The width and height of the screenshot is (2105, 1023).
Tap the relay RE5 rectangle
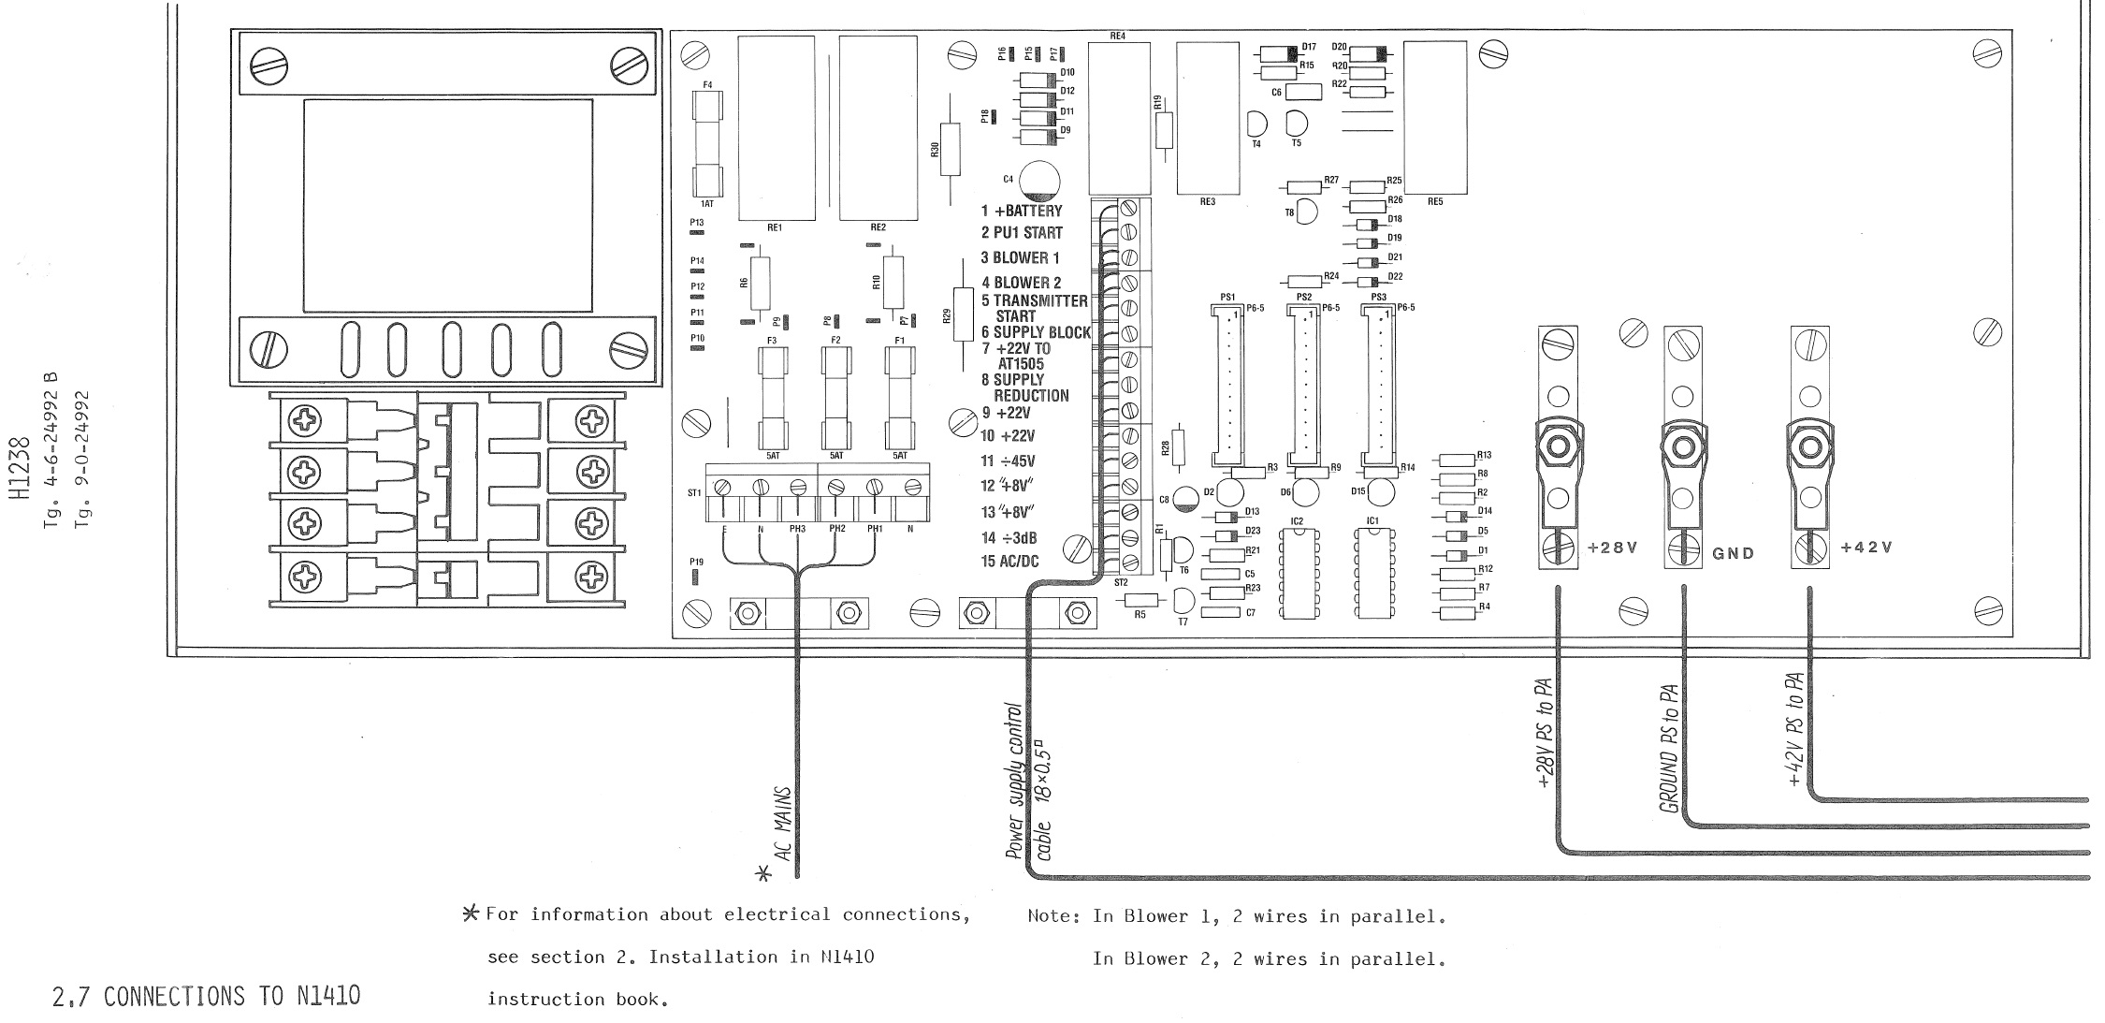pos(1434,118)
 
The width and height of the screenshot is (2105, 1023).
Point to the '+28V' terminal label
pos(1613,548)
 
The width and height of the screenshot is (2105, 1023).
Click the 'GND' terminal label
pos(1733,553)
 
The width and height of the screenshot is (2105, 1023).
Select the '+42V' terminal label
pos(1865,548)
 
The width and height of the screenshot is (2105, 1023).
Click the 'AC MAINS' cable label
pos(784,823)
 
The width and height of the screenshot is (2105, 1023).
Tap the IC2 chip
pos(1296,572)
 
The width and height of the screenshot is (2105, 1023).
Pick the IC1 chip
pos(1372,572)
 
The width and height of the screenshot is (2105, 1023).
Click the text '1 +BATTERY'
pos(1022,212)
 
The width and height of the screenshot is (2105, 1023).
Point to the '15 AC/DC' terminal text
pos(1009,562)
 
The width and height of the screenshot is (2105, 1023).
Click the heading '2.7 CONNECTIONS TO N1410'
pos(206,996)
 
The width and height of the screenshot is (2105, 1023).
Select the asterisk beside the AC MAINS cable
pos(764,873)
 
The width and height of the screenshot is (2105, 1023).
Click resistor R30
pos(950,148)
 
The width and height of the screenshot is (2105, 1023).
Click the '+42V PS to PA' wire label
pos(1794,729)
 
